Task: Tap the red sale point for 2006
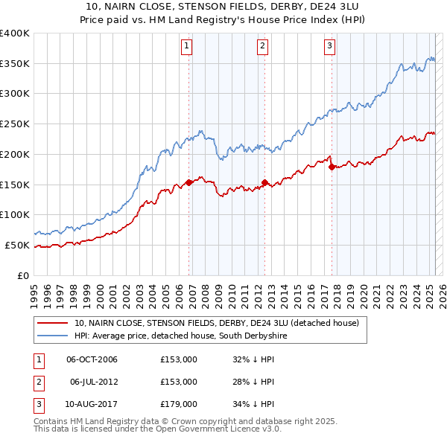pyautogui.click(x=189, y=182)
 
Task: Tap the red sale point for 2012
pyautogui.click(x=265, y=182)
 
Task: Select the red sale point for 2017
pyautogui.click(x=332, y=166)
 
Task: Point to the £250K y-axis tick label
pyautogui.click(x=15, y=124)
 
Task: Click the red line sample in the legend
pyautogui.click(x=52, y=324)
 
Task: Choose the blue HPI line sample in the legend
pyautogui.click(x=52, y=336)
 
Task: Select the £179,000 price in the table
pyautogui.click(x=179, y=404)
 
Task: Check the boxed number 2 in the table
pyautogui.click(x=37, y=382)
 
